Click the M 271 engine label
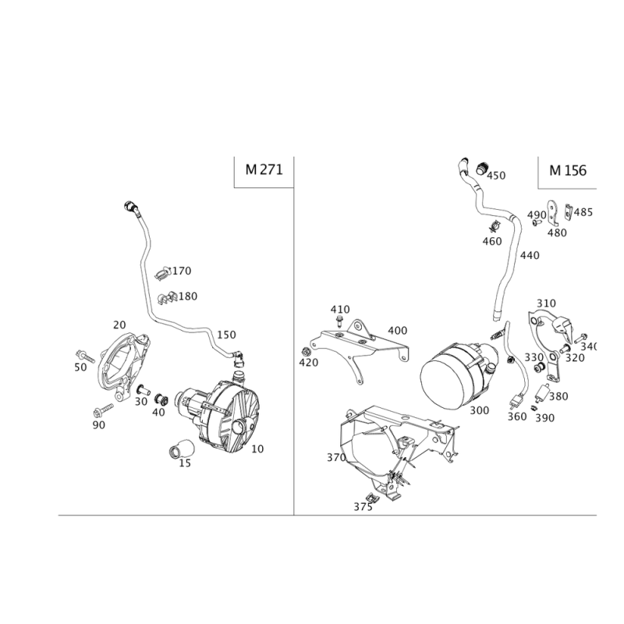point(264,169)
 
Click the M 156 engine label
point(568,170)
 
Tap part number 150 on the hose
point(226,335)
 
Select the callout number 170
point(181,271)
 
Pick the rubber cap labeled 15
point(182,448)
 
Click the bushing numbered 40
point(161,399)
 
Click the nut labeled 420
point(306,352)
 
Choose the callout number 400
point(397,330)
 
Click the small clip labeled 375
point(372,497)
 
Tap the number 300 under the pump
point(479,410)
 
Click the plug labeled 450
point(482,168)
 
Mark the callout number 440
point(530,255)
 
